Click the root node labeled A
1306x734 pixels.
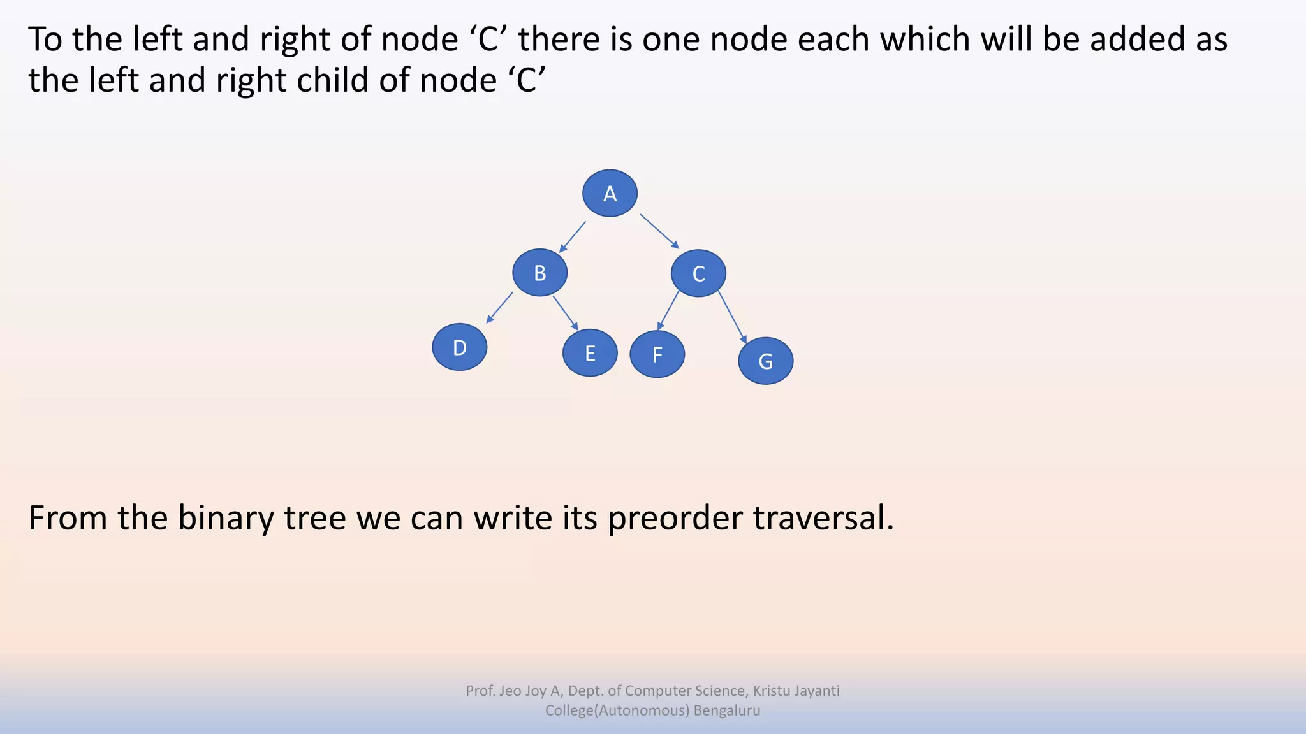[x=610, y=193]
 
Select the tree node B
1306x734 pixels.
[x=539, y=273]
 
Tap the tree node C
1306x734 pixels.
[x=698, y=273]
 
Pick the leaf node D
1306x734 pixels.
[x=459, y=347]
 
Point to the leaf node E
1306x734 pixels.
[x=590, y=353]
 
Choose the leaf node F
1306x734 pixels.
[x=657, y=354]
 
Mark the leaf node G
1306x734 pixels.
[x=765, y=361]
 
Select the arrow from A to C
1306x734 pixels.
[x=659, y=231]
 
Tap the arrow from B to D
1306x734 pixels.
[x=499, y=308]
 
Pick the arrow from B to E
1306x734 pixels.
[x=566, y=313]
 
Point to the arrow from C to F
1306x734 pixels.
[x=668, y=310]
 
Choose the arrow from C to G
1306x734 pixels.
[x=732, y=317]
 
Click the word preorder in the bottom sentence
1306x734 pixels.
[x=675, y=517]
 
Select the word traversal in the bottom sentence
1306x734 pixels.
[x=823, y=517]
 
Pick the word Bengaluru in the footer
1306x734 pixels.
[x=727, y=710]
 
